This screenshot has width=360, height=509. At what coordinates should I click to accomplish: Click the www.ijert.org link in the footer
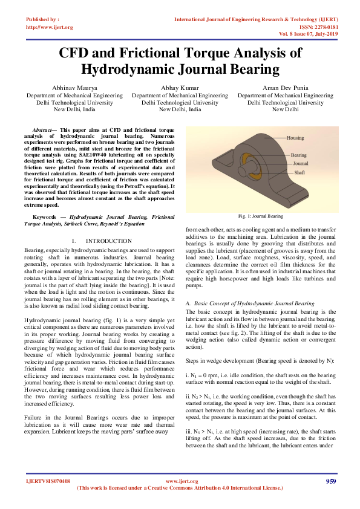[x=179, y=481]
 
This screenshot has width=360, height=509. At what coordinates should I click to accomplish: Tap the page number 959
[x=330, y=481]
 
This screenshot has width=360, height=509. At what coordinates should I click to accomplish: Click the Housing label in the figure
[x=295, y=138]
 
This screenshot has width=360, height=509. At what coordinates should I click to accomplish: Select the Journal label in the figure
[x=301, y=163]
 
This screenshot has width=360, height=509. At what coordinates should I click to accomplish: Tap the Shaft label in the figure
[x=299, y=172]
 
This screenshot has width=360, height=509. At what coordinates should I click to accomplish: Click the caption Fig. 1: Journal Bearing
[x=260, y=216]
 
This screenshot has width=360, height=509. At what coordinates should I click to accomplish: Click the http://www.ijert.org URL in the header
[x=50, y=27]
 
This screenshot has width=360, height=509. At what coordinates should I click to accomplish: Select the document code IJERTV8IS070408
[x=48, y=481]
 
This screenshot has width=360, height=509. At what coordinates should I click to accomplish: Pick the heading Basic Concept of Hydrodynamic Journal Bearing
[x=253, y=303]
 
